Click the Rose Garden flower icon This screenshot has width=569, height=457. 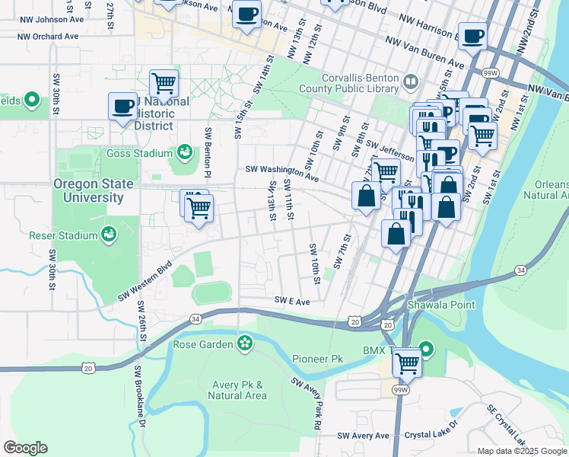[244, 344]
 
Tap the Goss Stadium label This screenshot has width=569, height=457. [140, 153]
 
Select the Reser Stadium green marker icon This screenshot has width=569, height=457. [109, 235]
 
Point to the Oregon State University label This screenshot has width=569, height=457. [88, 191]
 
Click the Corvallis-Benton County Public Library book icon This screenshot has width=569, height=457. [411, 81]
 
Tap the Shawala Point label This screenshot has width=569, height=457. [440, 305]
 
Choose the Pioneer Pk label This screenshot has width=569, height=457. [317, 358]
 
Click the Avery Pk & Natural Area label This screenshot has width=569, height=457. [238, 390]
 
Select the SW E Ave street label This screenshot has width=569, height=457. [293, 302]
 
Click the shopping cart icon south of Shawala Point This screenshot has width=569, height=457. [408, 363]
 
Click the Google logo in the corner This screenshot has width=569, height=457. [25, 448]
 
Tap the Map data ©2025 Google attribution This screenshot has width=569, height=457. [522, 451]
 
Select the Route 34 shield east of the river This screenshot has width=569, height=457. [520, 270]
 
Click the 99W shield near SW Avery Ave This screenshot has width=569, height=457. [400, 389]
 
